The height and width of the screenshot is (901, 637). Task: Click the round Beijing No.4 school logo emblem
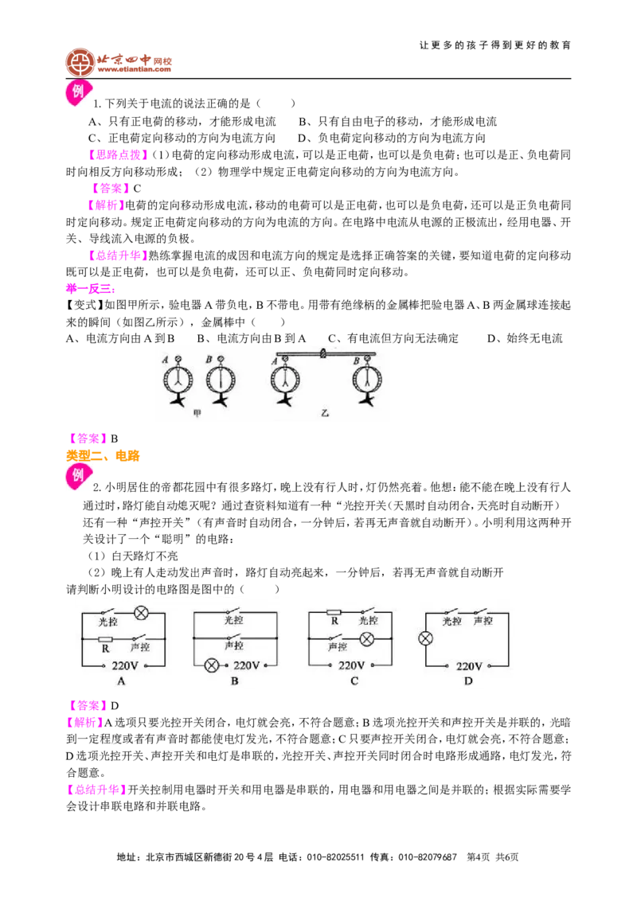(80, 63)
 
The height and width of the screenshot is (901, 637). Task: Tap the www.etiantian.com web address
(134, 69)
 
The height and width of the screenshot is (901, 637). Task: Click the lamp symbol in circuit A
(142, 613)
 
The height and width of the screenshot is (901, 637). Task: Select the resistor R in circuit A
(105, 639)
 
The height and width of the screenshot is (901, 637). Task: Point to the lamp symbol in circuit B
(212, 665)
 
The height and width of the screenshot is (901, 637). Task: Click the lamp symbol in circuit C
(367, 639)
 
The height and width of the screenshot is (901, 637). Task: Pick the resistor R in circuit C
(334, 613)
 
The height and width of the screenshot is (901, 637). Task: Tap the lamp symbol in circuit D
(425, 638)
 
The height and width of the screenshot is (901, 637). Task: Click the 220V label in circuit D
(468, 666)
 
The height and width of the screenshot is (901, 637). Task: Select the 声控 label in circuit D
(483, 621)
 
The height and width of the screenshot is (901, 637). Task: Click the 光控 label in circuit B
(234, 619)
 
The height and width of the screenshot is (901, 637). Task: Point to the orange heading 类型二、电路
(103, 456)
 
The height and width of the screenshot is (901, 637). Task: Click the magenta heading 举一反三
(91, 288)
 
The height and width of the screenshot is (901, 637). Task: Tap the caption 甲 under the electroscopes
(197, 413)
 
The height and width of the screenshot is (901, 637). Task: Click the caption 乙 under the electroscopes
(325, 413)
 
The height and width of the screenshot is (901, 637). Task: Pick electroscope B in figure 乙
(367, 381)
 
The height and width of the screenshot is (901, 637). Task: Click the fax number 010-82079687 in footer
(428, 857)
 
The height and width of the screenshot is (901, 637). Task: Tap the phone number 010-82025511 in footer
(335, 857)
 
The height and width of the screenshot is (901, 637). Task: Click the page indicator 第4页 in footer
(479, 857)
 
